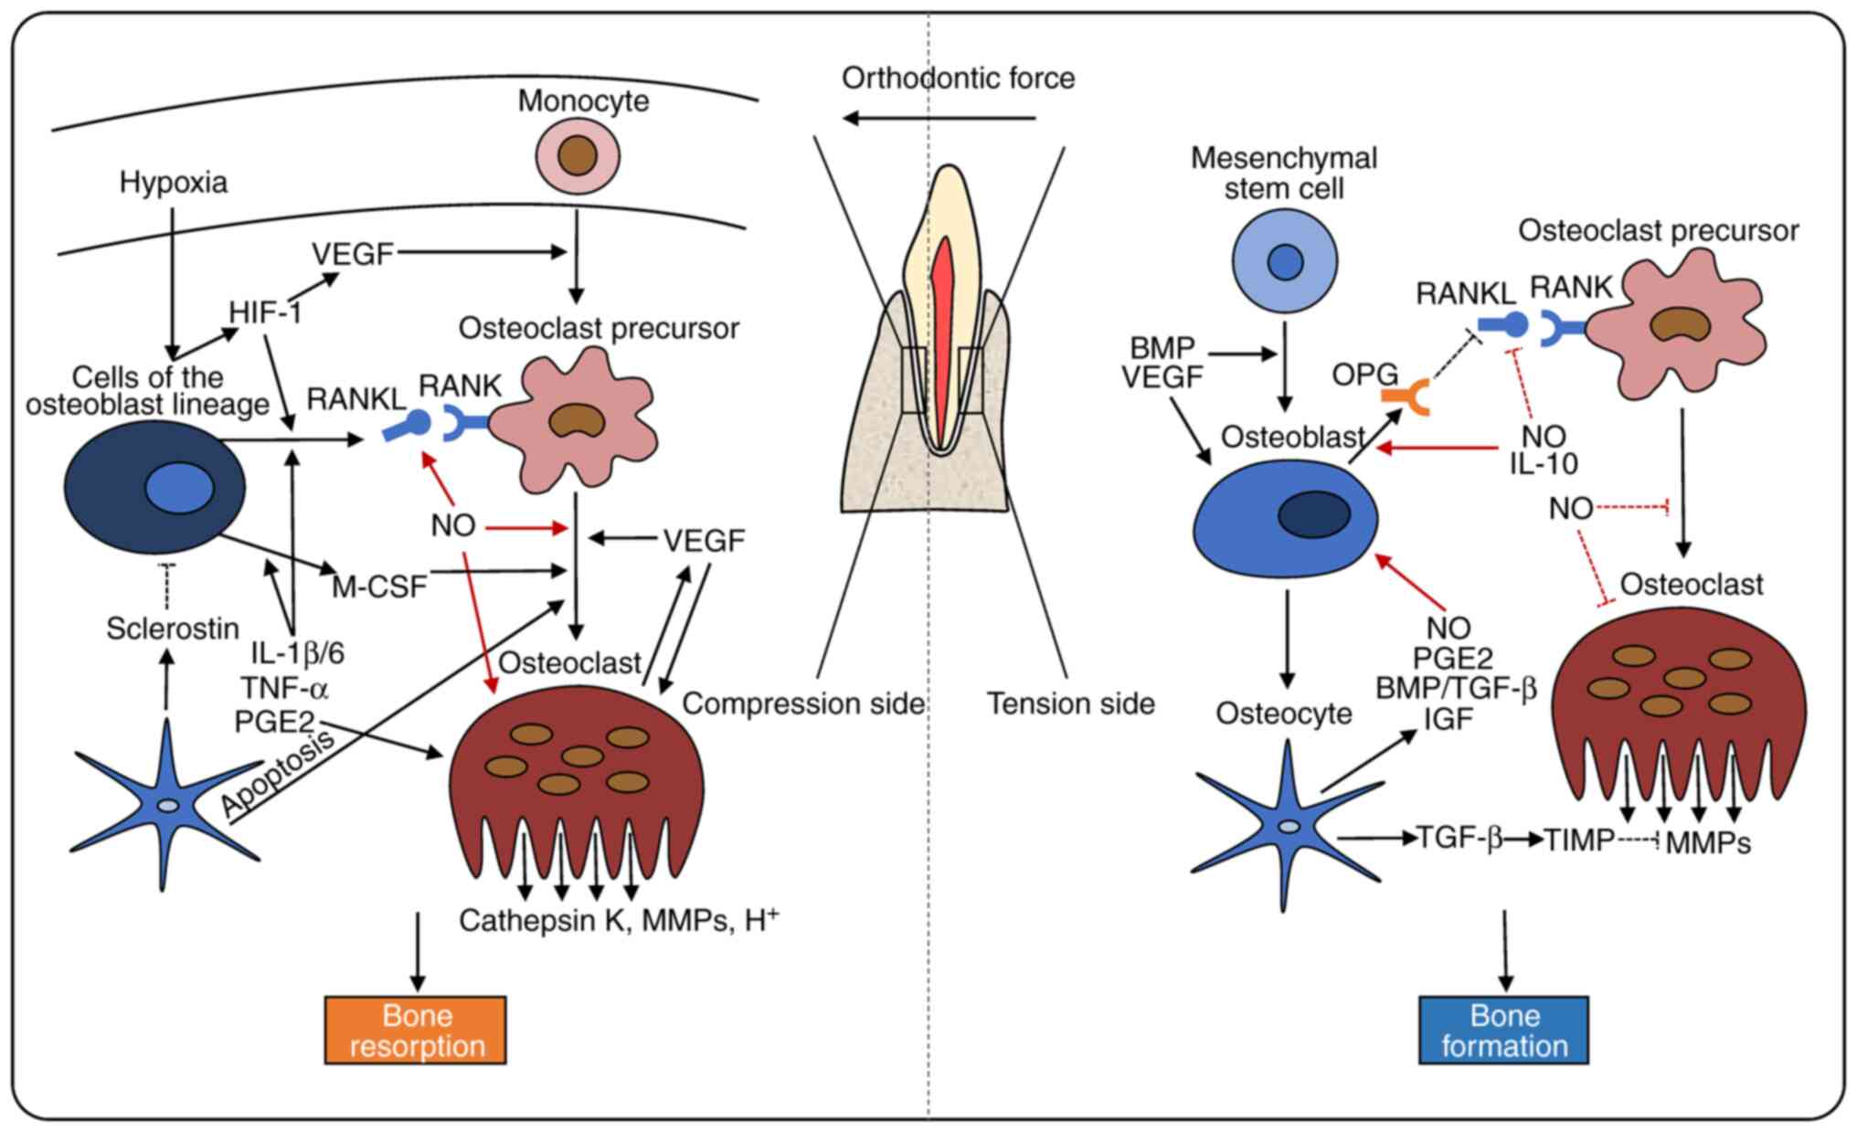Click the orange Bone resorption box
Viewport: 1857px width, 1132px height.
(x=416, y=1030)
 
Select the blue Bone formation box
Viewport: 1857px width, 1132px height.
(x=1503, y=1030)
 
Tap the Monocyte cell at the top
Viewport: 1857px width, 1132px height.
(x=578, y=155)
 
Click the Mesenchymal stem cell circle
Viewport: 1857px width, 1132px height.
(x=1284, y=261)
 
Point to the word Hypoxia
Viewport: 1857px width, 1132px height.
(x=174, y=183)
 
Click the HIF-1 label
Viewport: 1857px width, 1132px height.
(x=265, y=313)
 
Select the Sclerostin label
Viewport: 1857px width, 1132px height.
(x=173, y=629)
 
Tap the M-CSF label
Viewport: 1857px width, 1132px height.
(x=379, y=587)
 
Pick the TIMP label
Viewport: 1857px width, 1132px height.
(x=1579, y=840)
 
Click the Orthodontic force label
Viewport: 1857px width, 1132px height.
(x=958, y=79)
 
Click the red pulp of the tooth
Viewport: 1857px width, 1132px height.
(x=942, y=338)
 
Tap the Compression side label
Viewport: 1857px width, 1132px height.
(x=803, y=704)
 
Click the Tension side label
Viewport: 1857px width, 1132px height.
(x=1070, y=704)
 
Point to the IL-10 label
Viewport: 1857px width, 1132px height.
(x=1544, y=464)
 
